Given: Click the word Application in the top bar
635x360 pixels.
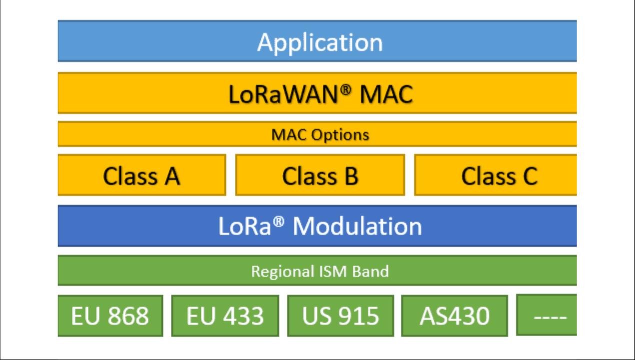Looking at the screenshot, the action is [x=320, y=42].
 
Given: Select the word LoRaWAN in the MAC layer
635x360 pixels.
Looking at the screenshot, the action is [x=283, y=94].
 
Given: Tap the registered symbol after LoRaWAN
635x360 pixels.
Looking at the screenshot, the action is [x=345, y=90].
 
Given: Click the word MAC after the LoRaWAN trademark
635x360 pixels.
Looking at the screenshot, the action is [x=386, y=94].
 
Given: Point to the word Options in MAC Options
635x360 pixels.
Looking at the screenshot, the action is [x=340, y=135].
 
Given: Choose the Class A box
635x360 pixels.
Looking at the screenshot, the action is [x=141, y=175].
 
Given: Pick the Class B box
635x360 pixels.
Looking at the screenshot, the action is [x=320, y=175].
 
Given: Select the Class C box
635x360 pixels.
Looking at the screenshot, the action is [x=495, y=175].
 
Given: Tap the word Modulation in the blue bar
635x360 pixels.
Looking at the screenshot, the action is [x=357, y=226].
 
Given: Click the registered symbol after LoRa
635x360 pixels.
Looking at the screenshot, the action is [x=278, y=222].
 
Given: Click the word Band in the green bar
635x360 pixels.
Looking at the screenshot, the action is [x=370, y=271].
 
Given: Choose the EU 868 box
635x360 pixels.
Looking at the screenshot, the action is [x=110, y=316].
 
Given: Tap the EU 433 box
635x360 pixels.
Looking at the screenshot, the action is [x=225, y=316].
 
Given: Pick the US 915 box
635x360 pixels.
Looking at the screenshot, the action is [x=340, y=316].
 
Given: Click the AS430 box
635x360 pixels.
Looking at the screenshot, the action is [x=454, y=316].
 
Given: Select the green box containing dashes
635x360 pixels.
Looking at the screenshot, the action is [x=546, y=315].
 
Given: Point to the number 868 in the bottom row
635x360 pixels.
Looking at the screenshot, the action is [x=128, y=316].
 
